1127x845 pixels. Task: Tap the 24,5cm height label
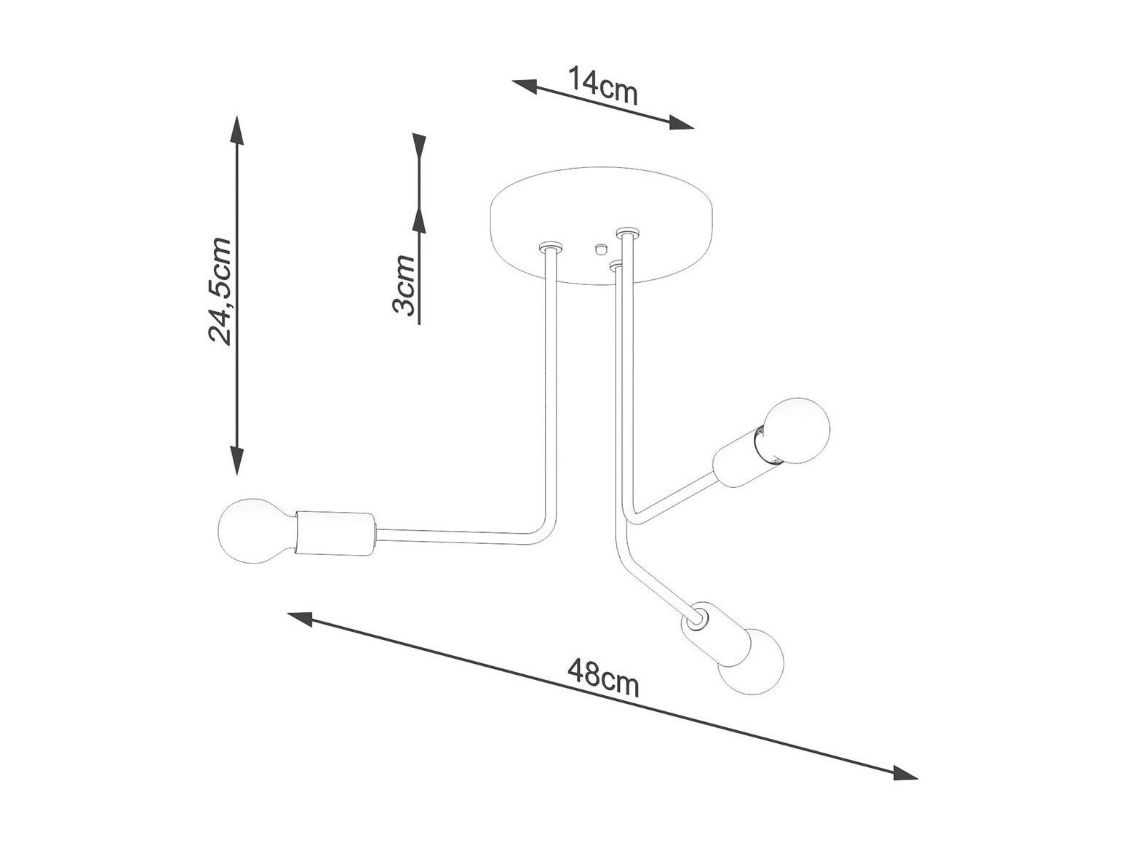(x=220, y=291)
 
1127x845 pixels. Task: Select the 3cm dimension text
(x=404, y=285)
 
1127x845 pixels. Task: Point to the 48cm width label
(x=603, y=678)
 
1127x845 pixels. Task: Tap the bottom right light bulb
(x=751, y=661)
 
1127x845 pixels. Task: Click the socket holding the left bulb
(x=335, y=533)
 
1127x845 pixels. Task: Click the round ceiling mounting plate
(x=602, y=225)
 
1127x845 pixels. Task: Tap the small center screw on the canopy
(x=599, y=249)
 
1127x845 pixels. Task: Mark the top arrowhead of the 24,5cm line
(x=236, y=129)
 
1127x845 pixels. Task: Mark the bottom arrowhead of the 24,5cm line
(x=236, y=460)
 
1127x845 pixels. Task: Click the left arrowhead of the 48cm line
(x=300, y=619)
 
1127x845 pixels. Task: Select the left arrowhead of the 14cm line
(x=525, y=87)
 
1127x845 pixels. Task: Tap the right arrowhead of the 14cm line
(x=681, y=121)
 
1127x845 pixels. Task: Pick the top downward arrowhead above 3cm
(x=420, y=146)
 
